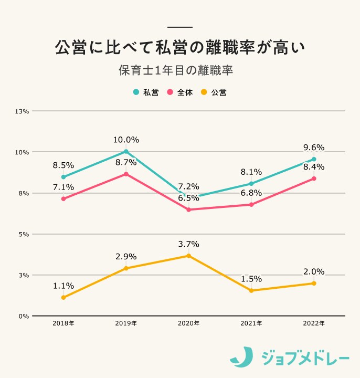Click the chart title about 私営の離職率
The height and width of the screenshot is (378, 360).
click(179, 47)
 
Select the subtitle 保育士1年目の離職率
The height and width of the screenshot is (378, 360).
click(179, 70)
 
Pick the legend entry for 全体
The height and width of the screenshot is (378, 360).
click(180, 92)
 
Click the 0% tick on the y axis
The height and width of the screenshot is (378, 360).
click(24, 316)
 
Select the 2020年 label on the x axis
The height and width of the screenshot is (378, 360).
click(188, 323)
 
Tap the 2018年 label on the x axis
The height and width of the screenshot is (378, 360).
click(63, 323)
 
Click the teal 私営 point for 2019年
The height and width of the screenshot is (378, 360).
click(126, 152)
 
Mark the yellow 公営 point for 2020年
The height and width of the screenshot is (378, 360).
click(188, 256)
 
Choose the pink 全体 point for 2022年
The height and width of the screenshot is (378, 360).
click(314, 178)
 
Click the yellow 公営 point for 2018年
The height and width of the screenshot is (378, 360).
click(63, 298)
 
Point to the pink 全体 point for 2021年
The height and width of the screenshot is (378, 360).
click(251, 205)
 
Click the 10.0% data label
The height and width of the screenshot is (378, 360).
click(126, 140)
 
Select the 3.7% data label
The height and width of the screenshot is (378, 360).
click(188, 244)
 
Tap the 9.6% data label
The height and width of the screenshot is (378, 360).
click(314, 148)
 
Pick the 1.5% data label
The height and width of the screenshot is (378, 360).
click(251, 279)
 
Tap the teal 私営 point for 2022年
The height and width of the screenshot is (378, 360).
click(314, 159)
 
